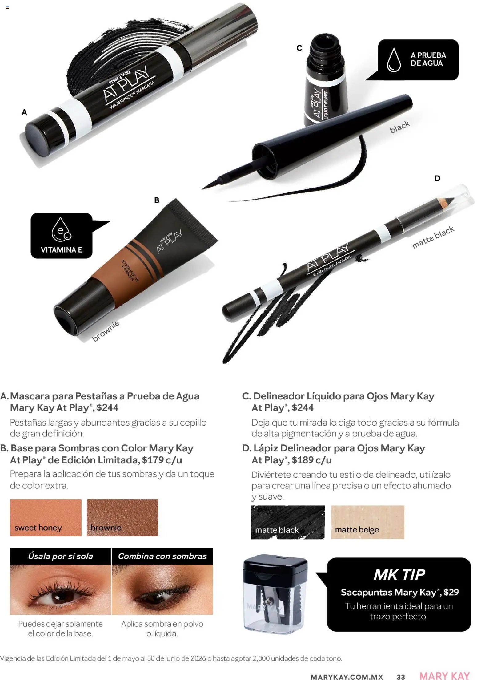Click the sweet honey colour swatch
(x=46, y=518)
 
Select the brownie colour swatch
(x=122, y=518)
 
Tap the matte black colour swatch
(x=288, y=522)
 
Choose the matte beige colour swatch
(x=367, y=522)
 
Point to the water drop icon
(x=394, y=60)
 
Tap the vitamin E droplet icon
(x=61, y=229)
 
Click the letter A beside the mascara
(x=24, y=112)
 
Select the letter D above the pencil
(x=437, y=178)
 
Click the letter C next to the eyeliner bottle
(x=299, y=48)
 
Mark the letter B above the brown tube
(x=157, y=200)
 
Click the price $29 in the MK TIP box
(x=451, y=592)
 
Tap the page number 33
(x=401, y=677)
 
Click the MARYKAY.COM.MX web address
(x=347, y=677)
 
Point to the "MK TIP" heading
(x=399, y=574)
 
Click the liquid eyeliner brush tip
(x=212, y=183)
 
